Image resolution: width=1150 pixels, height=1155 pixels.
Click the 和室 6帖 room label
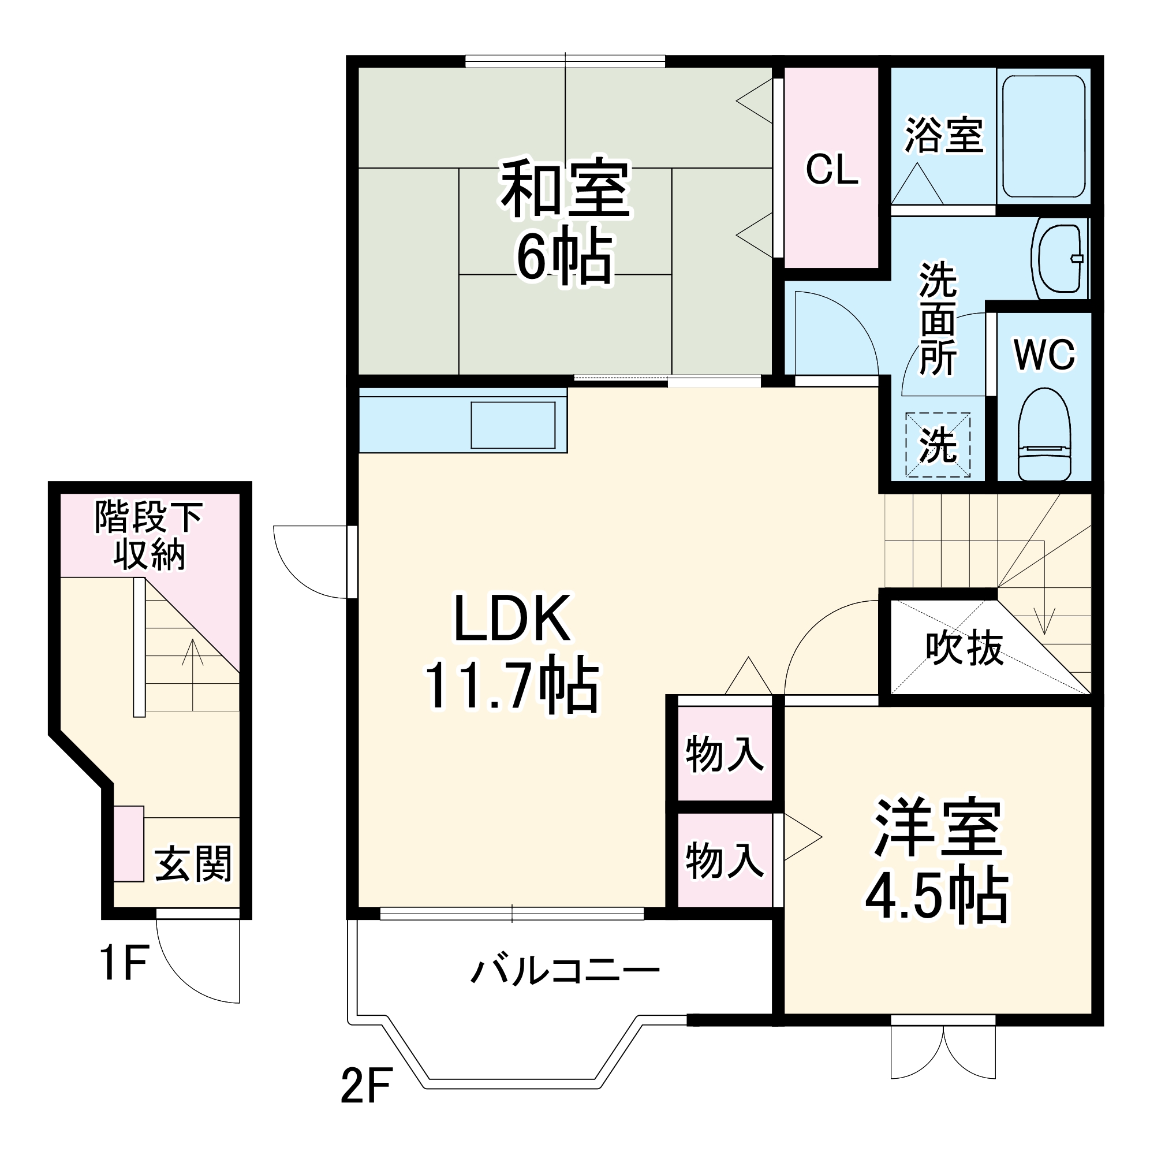click(x=565, y=221)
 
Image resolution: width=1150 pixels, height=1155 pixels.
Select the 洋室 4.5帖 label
click(x=936, y=861)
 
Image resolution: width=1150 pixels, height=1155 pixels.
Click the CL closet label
click(x=831, y=170)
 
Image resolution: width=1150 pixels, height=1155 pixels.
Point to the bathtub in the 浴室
click(x=1044, y=136)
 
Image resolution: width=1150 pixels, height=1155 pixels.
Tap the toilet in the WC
click(x=1044, y=434)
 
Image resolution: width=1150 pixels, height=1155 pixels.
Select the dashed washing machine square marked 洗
click(x=937, y=445)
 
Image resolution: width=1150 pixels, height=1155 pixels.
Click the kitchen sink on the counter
click(x=513, y=425)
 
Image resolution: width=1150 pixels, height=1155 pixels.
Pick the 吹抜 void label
click(x=964, y=648)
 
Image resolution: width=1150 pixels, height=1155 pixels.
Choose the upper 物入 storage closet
click(x=725, y=754)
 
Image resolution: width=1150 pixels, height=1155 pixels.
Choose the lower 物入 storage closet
click(x=725, y=860)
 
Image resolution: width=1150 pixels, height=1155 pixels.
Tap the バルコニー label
click(x=565, y=971)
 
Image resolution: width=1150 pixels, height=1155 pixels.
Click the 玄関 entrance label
click(x=193, y=864)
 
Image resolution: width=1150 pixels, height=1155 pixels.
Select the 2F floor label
click(x=367, y=1086)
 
